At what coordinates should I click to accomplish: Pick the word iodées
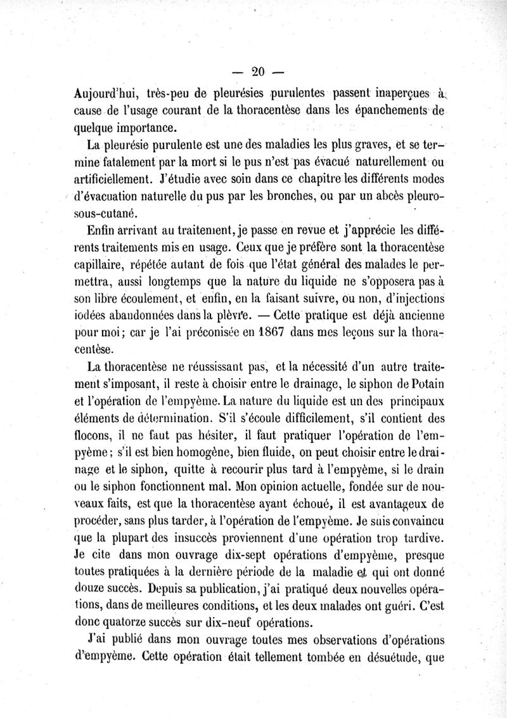pos(90,313)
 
